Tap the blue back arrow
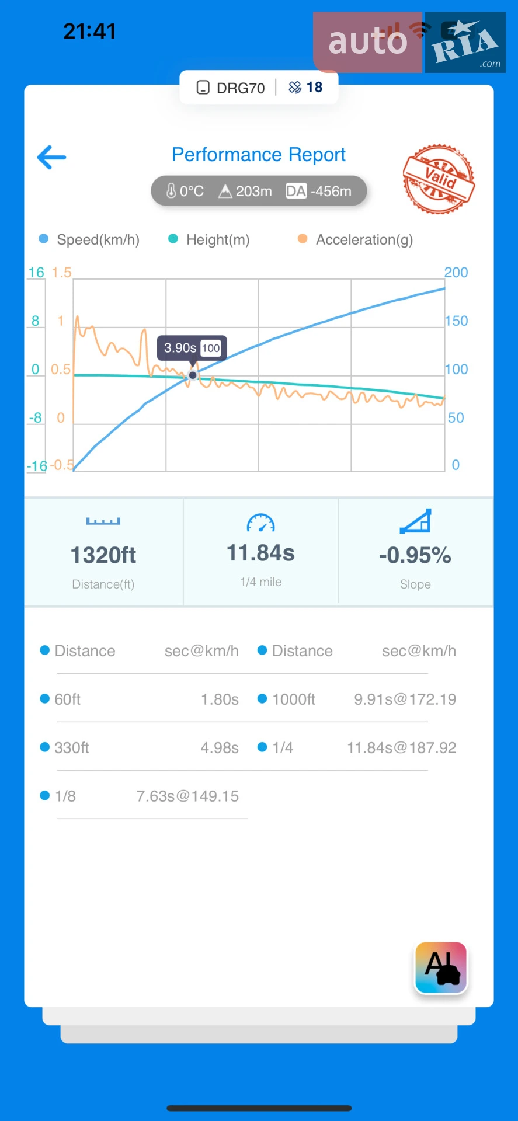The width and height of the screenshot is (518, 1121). coord(51,157)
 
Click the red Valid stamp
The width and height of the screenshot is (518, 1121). coord(439,179)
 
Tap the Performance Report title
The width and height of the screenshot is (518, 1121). coord(259,155)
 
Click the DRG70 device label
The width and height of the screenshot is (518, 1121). coord(241,88)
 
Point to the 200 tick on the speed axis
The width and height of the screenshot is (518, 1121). coord(456,273)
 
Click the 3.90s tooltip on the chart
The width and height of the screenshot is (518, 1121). coord(192,348)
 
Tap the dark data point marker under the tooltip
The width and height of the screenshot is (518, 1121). coord(193,375)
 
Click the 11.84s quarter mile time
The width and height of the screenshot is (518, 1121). coord(260,553)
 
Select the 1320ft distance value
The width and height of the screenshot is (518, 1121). coord(103,555)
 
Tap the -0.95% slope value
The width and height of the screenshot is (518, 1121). coord(415,555)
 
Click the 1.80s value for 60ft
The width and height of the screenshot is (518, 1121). coord(220,699)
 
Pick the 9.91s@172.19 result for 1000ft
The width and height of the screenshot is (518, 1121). coord(405,699)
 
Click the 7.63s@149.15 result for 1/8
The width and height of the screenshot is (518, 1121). coord(187,796)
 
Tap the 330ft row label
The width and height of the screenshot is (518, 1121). coord(72,747)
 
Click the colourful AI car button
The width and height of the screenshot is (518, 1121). coord(441,967)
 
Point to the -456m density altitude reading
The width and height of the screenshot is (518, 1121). coord(331,191)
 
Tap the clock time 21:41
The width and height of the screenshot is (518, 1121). coord(90,31)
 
